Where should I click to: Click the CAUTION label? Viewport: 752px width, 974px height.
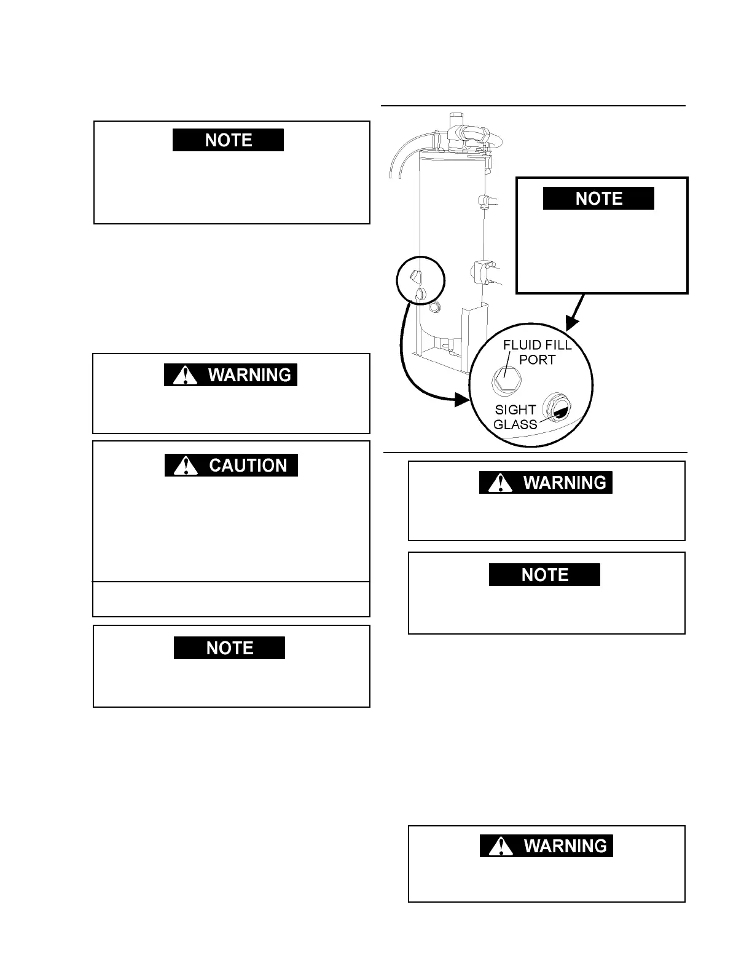[x=248, y=465]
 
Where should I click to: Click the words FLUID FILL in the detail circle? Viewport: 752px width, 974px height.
[x=537, y=345]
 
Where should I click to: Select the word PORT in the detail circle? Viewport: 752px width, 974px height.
[x=537, y=360]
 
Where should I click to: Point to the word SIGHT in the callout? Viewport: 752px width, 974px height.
[x=515, y=410]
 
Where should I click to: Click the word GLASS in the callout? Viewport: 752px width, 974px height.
[x=515, y=424]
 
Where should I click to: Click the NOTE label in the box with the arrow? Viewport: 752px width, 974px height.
[x=598, y=199]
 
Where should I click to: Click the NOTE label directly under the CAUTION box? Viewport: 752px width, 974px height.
[x=229, y=648]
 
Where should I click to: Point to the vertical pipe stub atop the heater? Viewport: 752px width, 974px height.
[x=455, y=118]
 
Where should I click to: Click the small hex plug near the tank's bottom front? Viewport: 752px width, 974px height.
[x=434, y=306]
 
